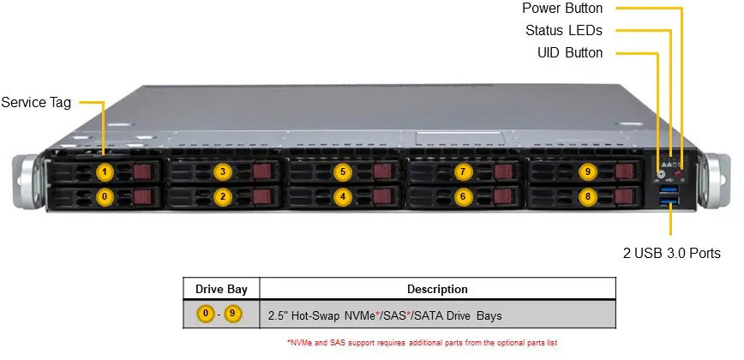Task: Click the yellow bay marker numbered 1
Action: pos(105,171)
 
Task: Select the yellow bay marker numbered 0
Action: pos(105,196)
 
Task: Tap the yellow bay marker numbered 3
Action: pos(223,171)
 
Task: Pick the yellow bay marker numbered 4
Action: pos(343,196)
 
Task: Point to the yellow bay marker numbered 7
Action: pos(463,171)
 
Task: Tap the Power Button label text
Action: pos(562,9)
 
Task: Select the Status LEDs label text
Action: pos(564,31)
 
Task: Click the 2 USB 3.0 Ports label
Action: pos(671,254)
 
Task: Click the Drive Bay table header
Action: pos(221,290)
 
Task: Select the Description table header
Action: pos(437,290)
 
